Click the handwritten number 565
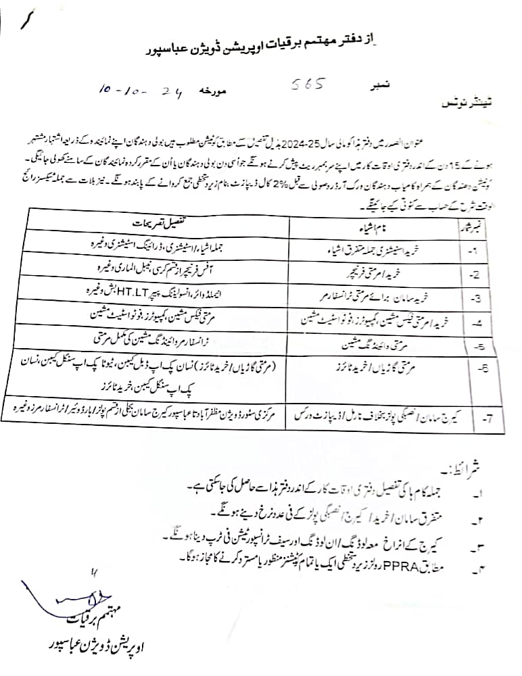click(x=309, y=85)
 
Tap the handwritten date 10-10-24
click(x=133, y=91)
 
